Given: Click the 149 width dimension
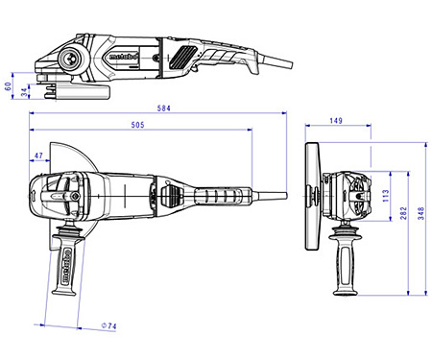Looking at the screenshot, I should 336,121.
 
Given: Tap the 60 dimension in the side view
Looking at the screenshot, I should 8,84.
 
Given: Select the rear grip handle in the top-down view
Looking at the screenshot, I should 216,195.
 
